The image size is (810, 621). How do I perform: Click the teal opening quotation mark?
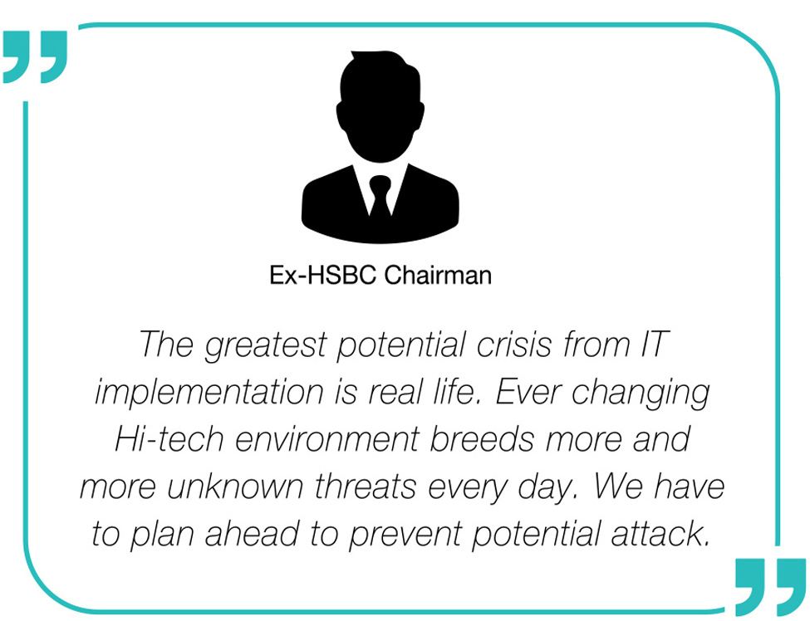[35, 56]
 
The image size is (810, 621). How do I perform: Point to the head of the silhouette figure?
[380, 105]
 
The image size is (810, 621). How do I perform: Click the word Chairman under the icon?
[438, 275]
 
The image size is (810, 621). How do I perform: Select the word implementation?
[209, 393]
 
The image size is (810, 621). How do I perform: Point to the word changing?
[641, 394]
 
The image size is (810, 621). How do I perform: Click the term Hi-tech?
[169, 439]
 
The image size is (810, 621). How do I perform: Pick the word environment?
[327, 440]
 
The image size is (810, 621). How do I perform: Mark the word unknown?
[235, 487]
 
